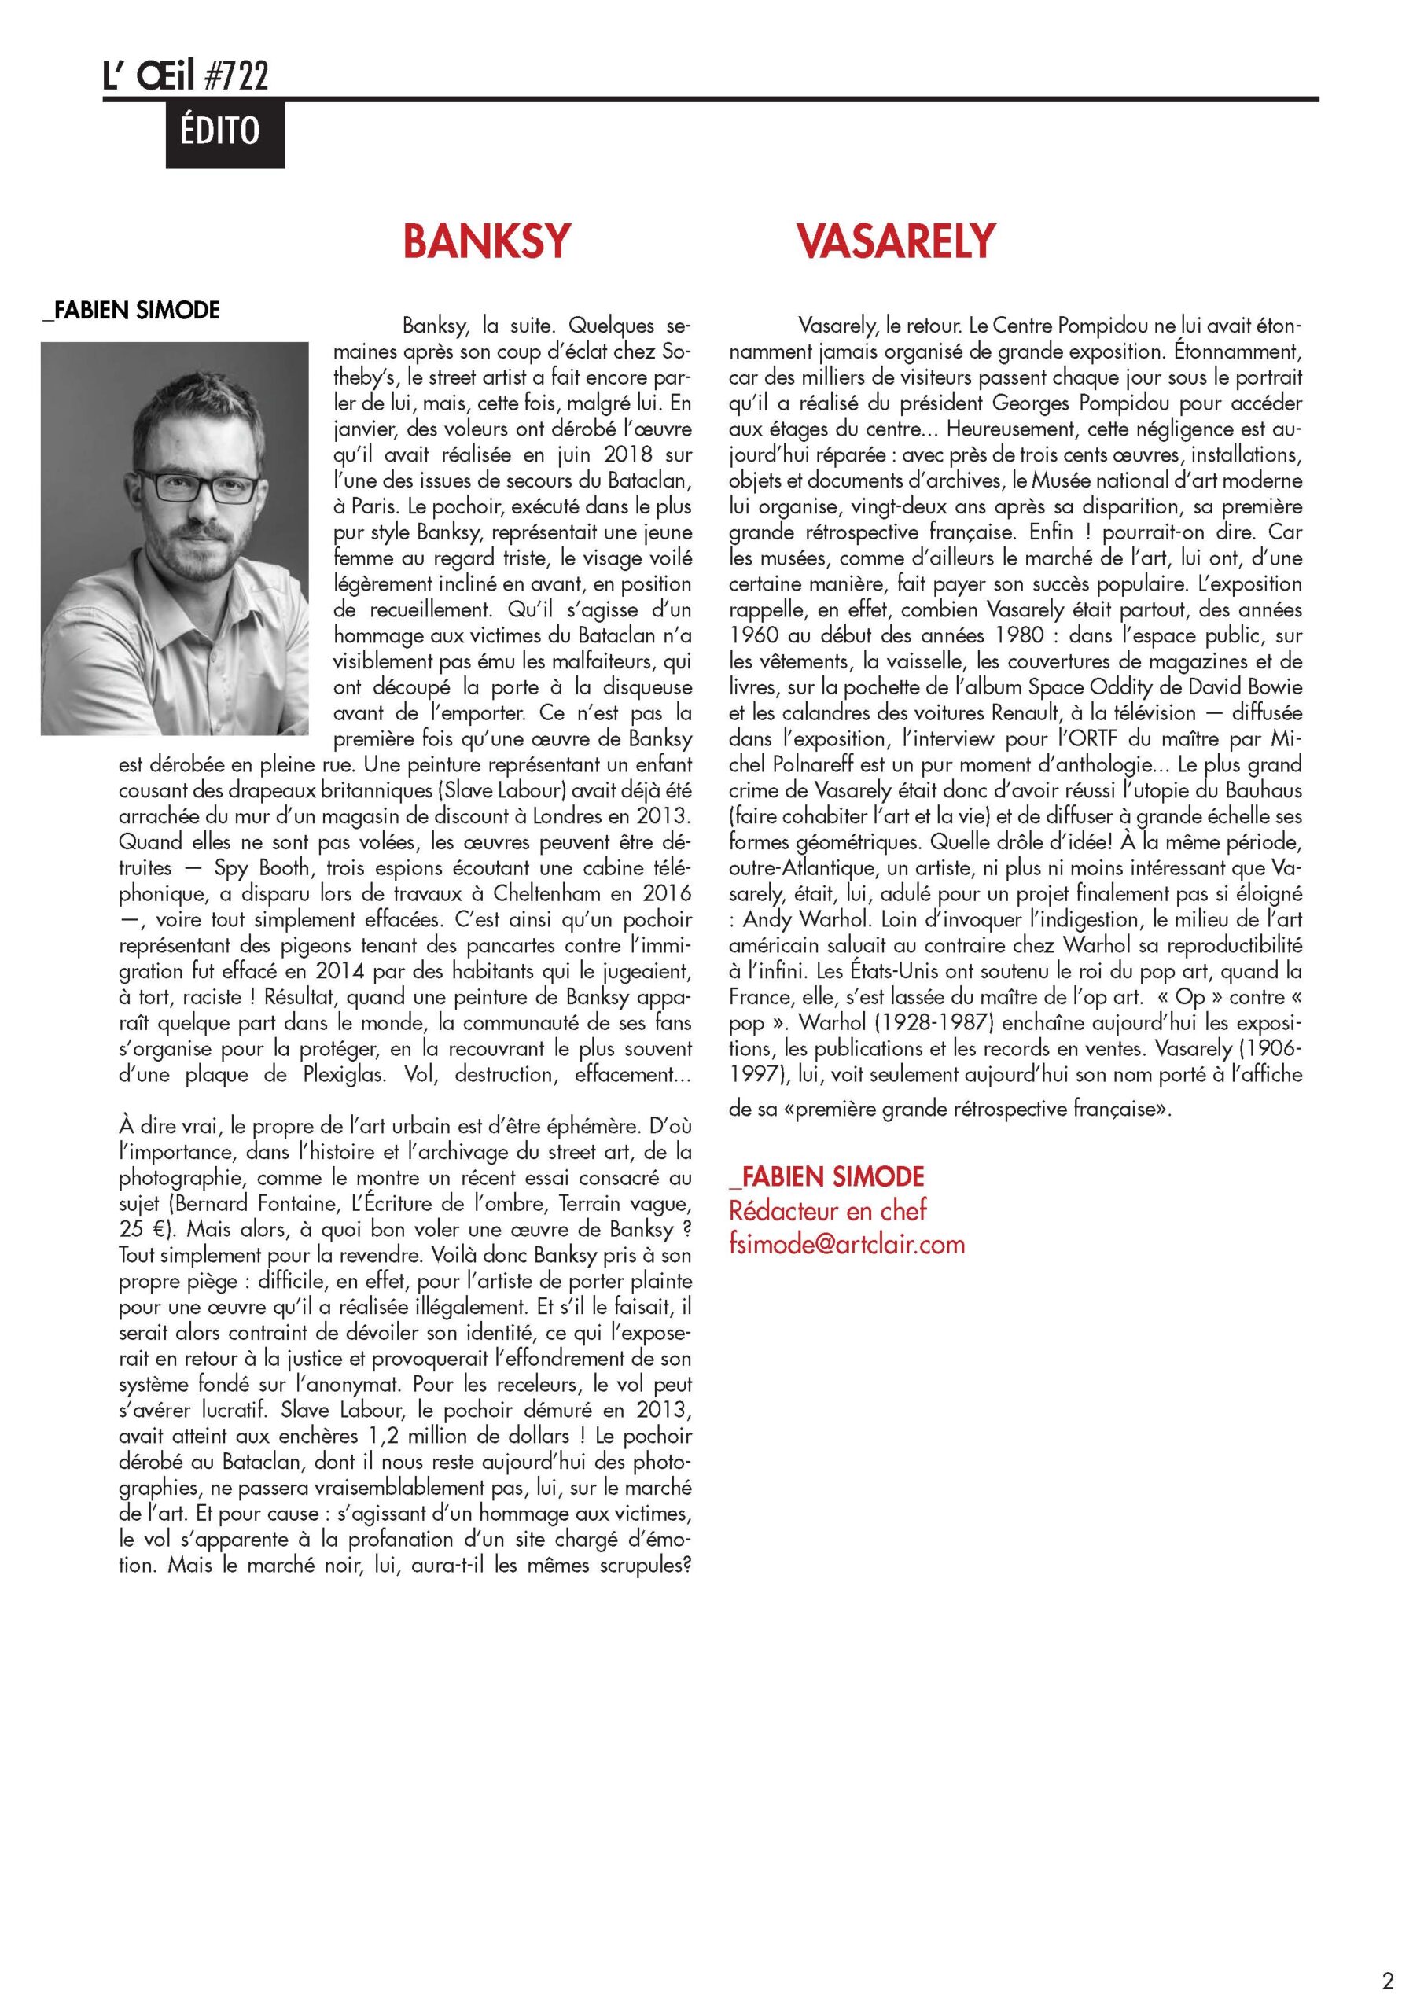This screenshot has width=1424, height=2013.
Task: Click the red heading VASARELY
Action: click(896, 241)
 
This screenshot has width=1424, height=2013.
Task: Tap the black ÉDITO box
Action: click(226, 133)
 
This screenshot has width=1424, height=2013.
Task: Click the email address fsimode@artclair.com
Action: click(846, 1244)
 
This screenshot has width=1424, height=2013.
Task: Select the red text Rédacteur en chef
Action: click(828, 1211)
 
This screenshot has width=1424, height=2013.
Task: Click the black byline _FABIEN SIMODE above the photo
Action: click(131, 311)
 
